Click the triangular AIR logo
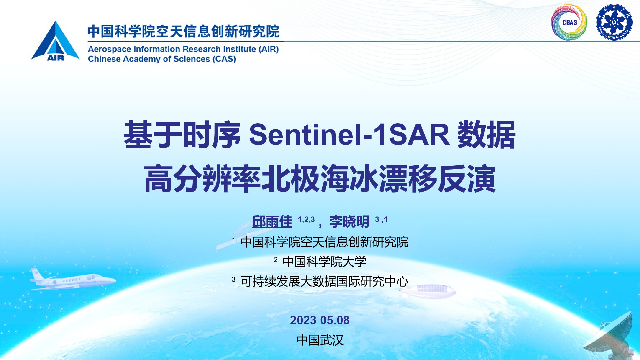[x=55, y=41]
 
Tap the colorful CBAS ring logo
[x=569, y=22]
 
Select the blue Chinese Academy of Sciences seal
[x=614, y=22]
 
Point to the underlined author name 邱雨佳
[x=272, y=222]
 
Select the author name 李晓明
[x=349, y=222]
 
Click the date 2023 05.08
[x=320, y=320]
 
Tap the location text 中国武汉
[x=320, y=340]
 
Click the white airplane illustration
[x=73, y=279]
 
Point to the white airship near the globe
[x=428, y=291]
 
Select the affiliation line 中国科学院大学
[x=324, y=262]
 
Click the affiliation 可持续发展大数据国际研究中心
[x=324, y=281]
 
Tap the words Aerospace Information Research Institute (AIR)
[x=183, y=49]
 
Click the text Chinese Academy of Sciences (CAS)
[x=162, y=59]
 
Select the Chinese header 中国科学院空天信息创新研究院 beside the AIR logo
[x=184, y=31]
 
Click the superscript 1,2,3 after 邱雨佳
[x=306, y=219]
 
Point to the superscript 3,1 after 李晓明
[x=381, y=219]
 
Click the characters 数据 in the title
[x=486, y=135]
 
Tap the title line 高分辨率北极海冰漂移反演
[x=320, y=179]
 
